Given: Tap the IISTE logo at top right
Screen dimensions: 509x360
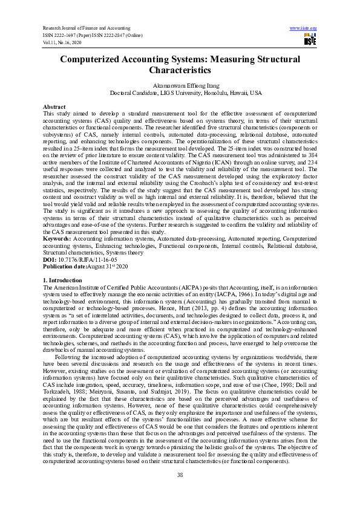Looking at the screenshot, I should point(309,41).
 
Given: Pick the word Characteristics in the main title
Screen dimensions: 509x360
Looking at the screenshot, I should point(180,71).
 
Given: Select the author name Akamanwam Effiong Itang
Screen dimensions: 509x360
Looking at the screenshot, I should point(180,86).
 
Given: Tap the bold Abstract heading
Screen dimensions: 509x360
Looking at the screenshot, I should point(54,106).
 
